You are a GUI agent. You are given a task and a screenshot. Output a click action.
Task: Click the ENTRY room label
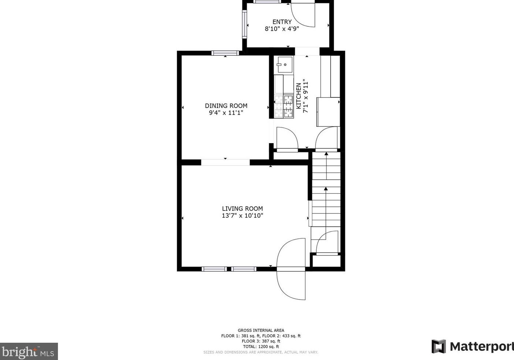pos(282,22)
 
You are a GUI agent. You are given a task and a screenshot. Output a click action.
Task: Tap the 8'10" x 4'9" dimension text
pos(282,29)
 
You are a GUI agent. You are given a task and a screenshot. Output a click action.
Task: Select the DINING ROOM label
pos(226,106)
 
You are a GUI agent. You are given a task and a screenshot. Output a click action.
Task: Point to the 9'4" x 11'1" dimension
pos(226,113)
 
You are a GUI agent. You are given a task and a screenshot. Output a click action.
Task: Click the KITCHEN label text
pos(298,96)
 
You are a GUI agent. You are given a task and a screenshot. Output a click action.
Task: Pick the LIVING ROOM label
pos(242,209)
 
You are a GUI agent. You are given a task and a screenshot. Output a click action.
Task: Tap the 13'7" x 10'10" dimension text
pos(242,216)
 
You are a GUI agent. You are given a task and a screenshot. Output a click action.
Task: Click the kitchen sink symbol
pos(284,65)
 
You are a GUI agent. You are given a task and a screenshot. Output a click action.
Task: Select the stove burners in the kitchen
pos(284,106)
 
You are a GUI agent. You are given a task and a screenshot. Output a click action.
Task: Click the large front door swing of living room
pos(291,269)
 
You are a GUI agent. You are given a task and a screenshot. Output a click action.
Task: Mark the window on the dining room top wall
pos(225,53)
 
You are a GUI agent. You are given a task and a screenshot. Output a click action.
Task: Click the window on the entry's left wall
pos(244,25)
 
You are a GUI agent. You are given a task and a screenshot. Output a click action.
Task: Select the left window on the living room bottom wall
pos(214,269)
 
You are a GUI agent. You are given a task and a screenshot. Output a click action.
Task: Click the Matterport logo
pos(472,346)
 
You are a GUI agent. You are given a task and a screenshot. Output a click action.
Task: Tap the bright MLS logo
pos(29,352)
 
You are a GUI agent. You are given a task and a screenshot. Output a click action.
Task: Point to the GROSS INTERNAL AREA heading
pos(261,330)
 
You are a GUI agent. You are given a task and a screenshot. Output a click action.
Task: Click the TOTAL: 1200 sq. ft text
pos(261,346)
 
